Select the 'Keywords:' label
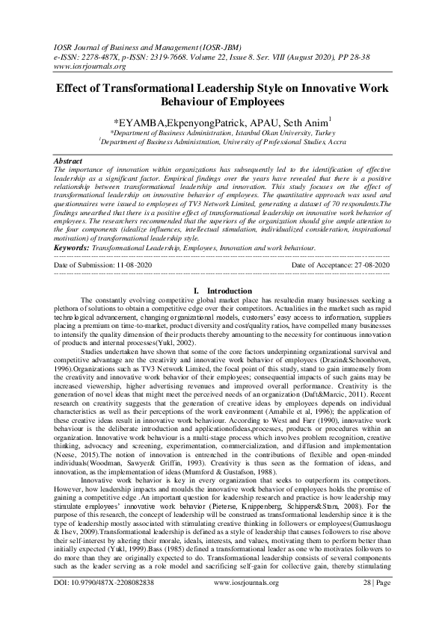[74, 247]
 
